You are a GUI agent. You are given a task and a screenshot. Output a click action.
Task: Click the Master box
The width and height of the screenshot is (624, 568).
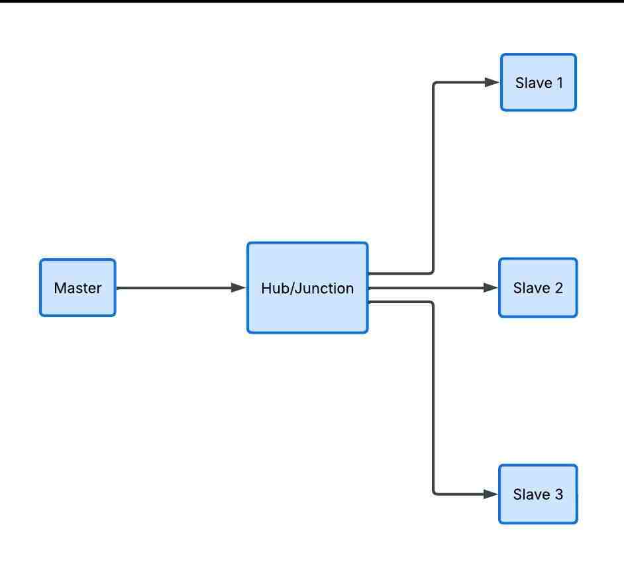(78, 288)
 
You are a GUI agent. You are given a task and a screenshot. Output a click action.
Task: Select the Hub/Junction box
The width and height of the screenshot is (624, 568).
(307, 288)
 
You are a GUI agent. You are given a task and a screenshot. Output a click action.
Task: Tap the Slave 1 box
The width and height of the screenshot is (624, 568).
(538, 83)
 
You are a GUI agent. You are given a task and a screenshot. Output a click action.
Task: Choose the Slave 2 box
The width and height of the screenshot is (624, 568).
(538, 288)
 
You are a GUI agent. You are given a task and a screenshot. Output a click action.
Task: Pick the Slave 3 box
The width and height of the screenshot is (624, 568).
(538, 495)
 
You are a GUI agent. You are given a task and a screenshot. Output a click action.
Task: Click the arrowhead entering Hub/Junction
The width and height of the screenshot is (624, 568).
(238, 288)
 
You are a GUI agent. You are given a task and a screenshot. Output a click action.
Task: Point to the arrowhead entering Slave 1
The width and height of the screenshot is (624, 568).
(492, 83)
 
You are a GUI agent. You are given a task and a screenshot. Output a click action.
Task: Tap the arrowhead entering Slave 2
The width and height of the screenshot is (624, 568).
(491, 288)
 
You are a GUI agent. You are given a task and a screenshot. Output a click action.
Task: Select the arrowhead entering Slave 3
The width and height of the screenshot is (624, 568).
(491, 494)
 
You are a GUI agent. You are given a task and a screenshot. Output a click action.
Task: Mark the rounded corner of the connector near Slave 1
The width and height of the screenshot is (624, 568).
(435, 84)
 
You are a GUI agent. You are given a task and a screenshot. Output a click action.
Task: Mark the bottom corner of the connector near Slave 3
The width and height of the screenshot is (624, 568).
(435, 493)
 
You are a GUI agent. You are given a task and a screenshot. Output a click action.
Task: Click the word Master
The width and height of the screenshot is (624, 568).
(78, 288)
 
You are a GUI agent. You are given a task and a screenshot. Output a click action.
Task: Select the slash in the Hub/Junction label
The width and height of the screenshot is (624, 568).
(286, 288)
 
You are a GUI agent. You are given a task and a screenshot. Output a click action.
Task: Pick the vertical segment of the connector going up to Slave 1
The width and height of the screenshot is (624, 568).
(433, 179)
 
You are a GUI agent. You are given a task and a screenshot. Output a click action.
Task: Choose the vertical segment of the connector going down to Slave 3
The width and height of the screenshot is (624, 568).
(433, 397)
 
